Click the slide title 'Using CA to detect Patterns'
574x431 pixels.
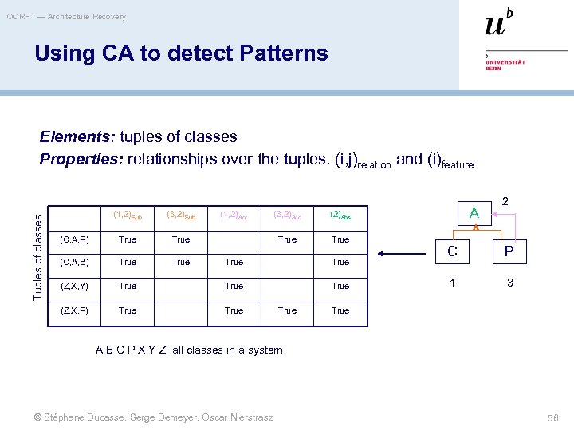point(181,53)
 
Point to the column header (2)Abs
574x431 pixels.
point(340,215)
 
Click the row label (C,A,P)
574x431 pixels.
point(75,239)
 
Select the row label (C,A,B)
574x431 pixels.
point(75,262)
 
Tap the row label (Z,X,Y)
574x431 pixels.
point(75,286)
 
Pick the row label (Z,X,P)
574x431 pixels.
point(75,310)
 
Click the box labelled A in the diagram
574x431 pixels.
point(474,213)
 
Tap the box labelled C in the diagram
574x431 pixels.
point(452,252)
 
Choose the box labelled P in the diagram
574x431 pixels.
point(508,252)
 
